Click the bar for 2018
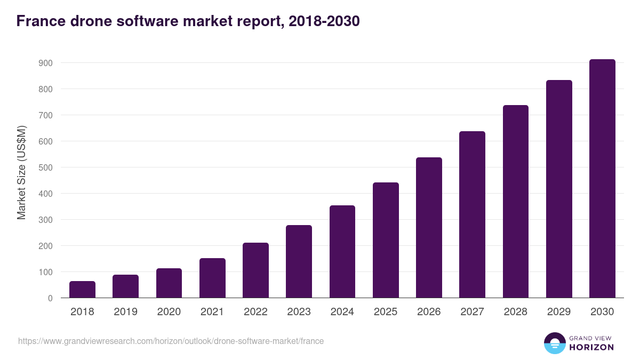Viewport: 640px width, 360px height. point(82,290)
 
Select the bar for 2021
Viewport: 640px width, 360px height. point(212,278)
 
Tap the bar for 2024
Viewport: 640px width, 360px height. point(342,252)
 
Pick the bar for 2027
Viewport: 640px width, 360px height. point(472,214)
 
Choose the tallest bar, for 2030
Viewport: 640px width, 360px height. point(602,179)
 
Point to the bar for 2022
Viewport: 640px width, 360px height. point(255,270)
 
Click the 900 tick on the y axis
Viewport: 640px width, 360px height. point(46,63)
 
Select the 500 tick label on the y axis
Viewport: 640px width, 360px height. point(46,167)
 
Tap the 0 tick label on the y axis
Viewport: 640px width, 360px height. point(50,298)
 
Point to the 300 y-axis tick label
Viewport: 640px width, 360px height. point(46,220)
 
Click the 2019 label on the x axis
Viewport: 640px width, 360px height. point(125,312)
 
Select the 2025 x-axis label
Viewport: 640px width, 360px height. point(386,312)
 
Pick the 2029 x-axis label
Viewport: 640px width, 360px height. point(559,312)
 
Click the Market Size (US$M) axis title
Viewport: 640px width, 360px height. point(21,172)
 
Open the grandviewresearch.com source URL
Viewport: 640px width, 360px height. point(171,341)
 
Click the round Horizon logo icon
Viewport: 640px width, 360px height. point(554,343)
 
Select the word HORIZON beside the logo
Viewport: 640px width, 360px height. point(591,347)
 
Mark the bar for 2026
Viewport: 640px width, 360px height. point(429,228)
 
